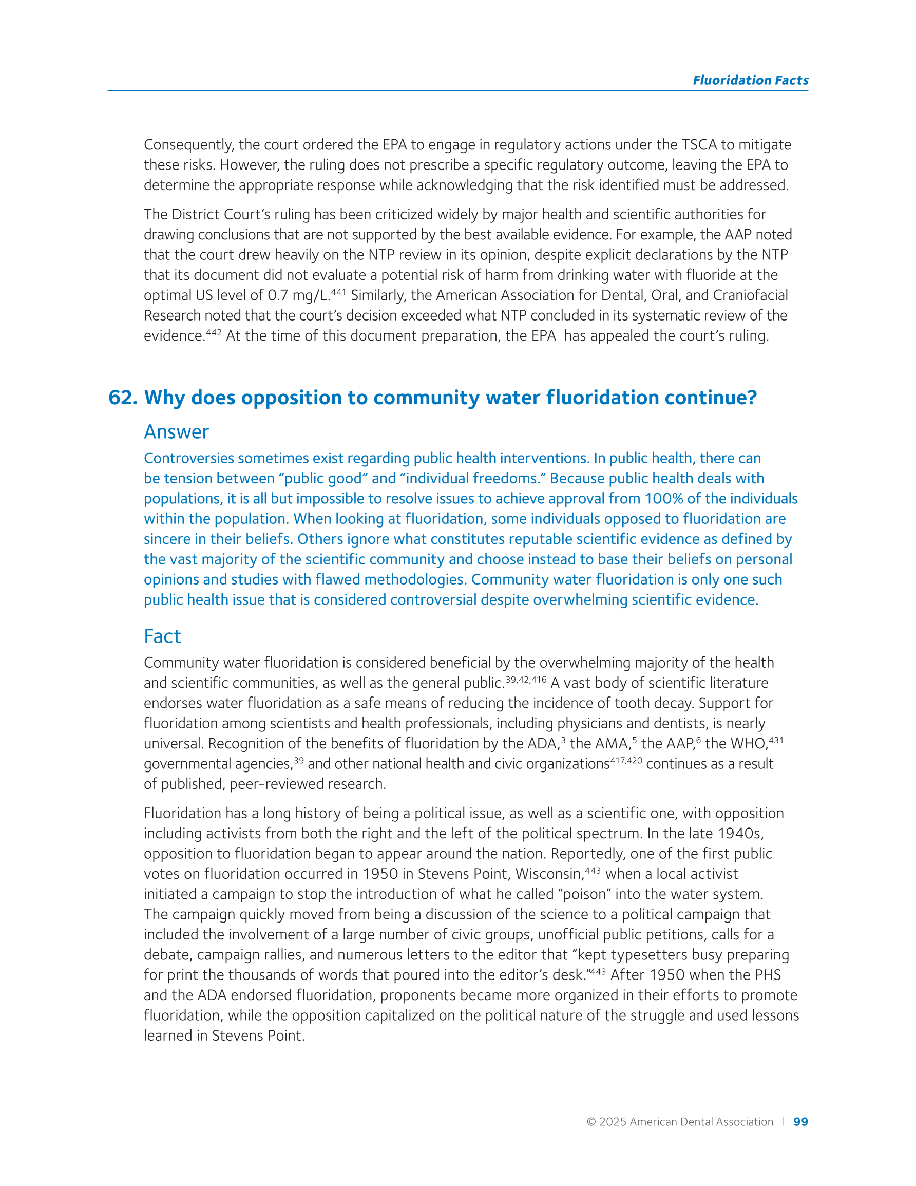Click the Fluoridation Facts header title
(750, 80)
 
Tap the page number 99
(800, 1121)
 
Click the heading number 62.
(122, 398)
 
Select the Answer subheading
(177, 432)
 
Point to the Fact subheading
(162, 636)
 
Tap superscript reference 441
(338, 292)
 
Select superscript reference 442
(214, 332)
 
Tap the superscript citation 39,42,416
(526, 680)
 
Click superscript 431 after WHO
(776, 740)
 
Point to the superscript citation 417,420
(626, 760)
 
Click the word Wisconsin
(549, 874)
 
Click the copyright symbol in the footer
(591, 1122)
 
